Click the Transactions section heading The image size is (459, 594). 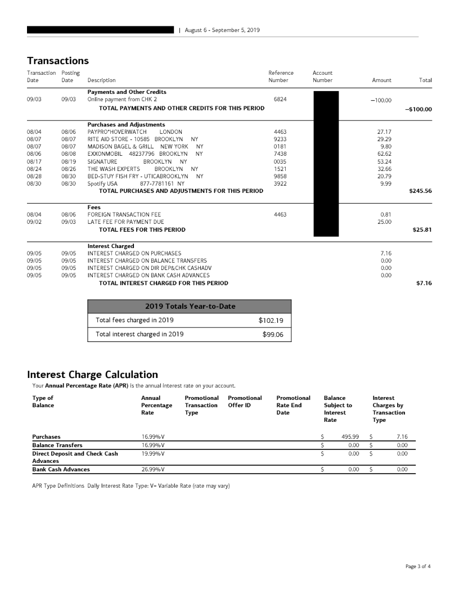tap(58, 60)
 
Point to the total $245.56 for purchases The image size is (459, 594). tap(420, 191)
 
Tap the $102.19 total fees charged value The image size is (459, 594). tap(271, 320)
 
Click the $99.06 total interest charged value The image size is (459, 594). tap(272, 334)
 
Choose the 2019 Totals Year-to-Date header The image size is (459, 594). tap(190, 306)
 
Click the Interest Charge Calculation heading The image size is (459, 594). tap(92, 374)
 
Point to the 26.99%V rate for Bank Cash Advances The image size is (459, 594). tap(152, 469)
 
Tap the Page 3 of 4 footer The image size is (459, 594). tap(417, 566)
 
